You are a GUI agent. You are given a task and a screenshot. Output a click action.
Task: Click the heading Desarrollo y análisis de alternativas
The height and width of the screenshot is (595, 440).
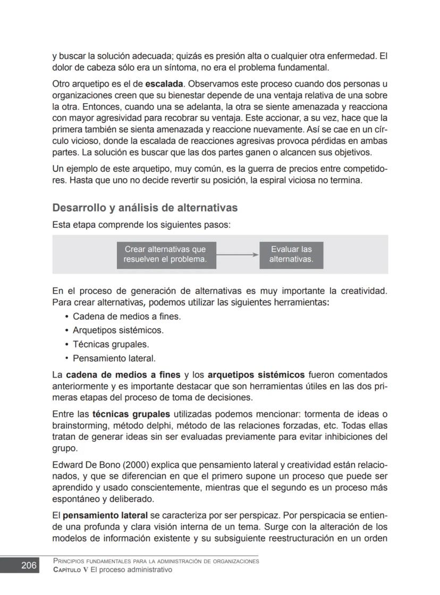[x=145, y=207]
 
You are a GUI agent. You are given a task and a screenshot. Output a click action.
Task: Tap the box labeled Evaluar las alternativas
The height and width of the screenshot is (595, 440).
[x=291, y=255]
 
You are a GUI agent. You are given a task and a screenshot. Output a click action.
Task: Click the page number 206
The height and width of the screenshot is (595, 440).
[x=29, y=565]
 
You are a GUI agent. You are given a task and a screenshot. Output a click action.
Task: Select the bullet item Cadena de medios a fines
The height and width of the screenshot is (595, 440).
[x=126, y=316]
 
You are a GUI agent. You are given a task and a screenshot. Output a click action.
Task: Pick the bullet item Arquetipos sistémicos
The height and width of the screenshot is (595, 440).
[x=118, y=330]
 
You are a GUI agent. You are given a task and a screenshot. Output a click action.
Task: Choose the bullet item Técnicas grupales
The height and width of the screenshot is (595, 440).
[x=111, y=344]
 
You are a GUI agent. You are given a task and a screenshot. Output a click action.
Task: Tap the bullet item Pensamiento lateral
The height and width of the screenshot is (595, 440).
[x=114, y=358]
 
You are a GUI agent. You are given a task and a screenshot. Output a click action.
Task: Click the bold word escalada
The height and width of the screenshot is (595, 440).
[x=164, y=84]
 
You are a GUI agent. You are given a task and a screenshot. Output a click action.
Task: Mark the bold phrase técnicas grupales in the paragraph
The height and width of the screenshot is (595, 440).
[x=131, y=414]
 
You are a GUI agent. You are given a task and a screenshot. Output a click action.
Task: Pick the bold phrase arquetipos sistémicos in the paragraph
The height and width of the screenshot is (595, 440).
[x=256, y=375]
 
